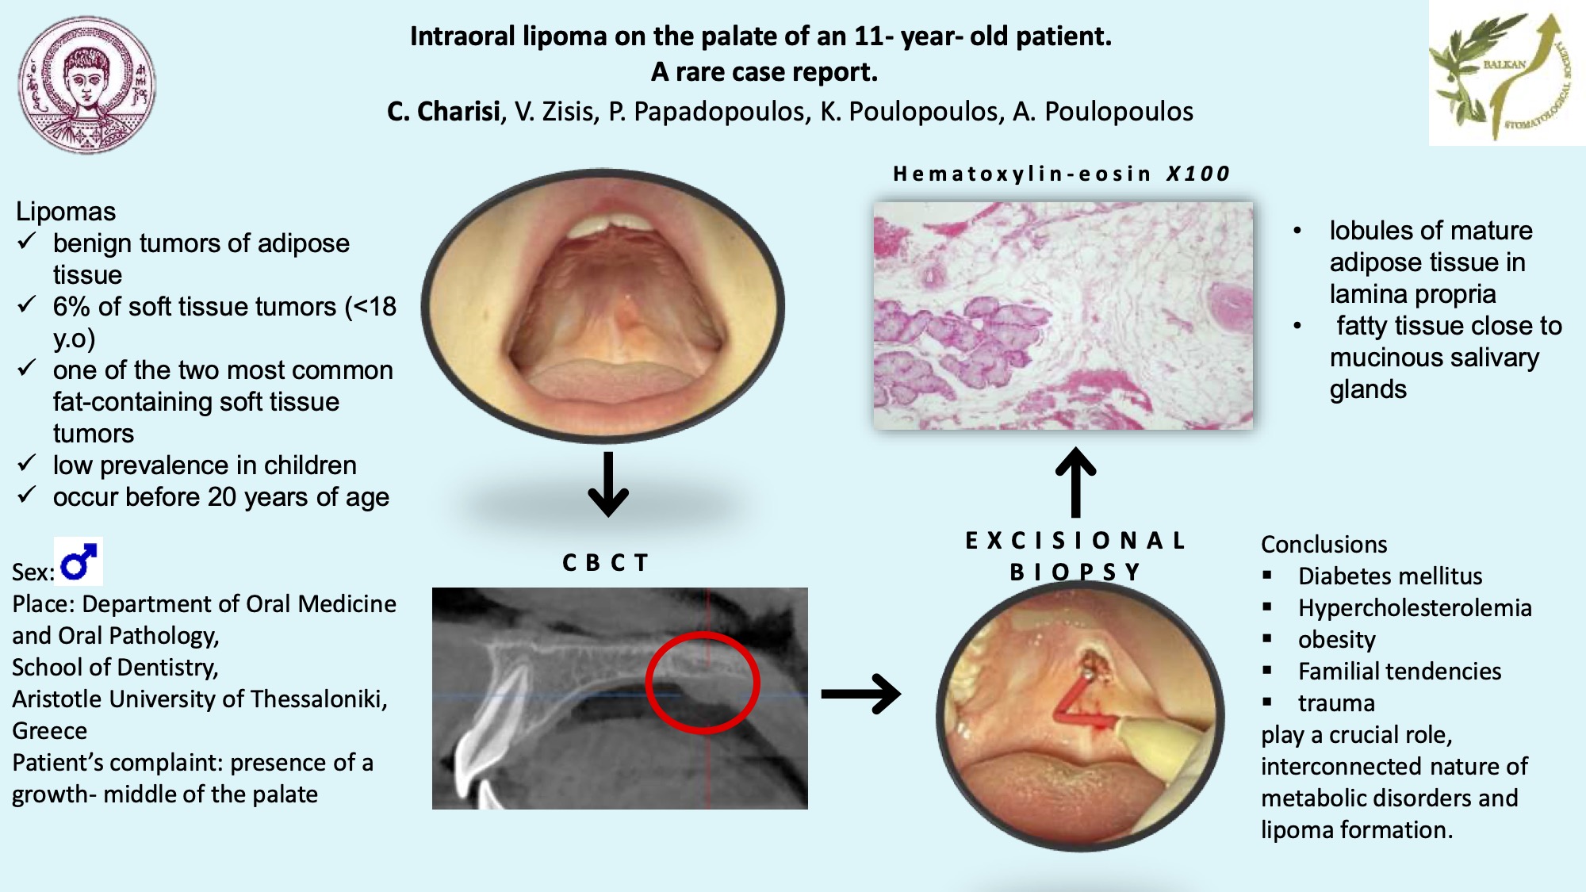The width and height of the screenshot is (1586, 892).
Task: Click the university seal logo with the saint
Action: click(x=86, y=84)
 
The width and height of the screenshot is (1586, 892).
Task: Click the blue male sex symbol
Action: click(x=79, y=561)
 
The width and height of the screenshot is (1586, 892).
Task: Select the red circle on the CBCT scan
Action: click(x=703, y=683)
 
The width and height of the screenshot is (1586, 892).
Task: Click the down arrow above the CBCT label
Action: click(x=608, y=484)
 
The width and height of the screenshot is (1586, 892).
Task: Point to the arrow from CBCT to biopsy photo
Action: click(x=860, y=694)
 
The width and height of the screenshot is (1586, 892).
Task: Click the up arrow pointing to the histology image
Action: click(x=1076, y=482)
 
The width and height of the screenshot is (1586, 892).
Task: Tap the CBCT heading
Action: click(x=606, y=563)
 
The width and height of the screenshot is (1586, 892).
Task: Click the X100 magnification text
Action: click(x=1197, y=174)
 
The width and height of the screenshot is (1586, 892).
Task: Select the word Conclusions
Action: click(x=1324, y=545)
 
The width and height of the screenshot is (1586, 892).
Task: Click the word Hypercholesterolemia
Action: click(x=1415, y=608)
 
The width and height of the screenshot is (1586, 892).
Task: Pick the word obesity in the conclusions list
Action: click(x=1337, y=640)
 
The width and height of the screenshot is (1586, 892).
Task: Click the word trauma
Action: click(x=1336, y=703)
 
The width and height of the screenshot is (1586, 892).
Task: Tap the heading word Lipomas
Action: click(x=66, y=212)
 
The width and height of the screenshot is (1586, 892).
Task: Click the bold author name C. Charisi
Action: click(x=444, y=112)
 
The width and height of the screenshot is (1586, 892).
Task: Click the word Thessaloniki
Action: click(x=318, y=699)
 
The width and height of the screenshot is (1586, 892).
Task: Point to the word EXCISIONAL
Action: click(x=1076, y=541)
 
